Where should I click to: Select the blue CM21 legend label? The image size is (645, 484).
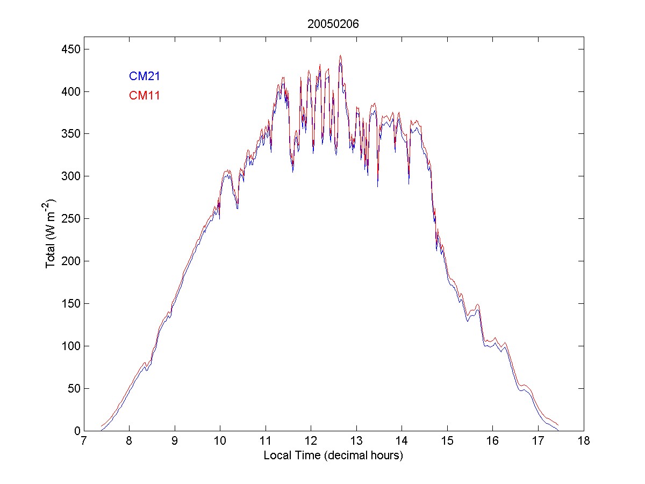[144, 76]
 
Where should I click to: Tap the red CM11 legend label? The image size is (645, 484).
[144, 96]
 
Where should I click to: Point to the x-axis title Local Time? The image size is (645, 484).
[333, 455]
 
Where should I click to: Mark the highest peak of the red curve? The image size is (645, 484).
[340, 55]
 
